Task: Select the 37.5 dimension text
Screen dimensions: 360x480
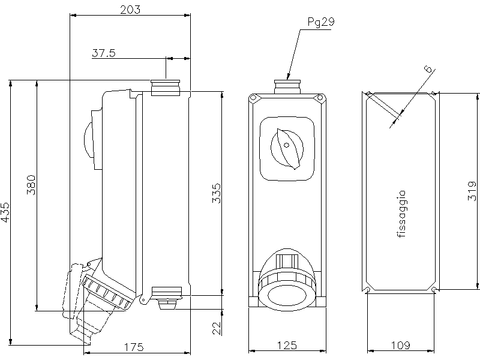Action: [x=104, y=53]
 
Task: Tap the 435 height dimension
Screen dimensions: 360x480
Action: [x=6, y=212]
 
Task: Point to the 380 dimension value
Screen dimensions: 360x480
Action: [x=32, y=185]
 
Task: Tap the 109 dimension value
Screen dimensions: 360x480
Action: [x=400, y=346]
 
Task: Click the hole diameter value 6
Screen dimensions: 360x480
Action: [x=428, y=70]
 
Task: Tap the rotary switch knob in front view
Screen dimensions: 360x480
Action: [x=287, y=146]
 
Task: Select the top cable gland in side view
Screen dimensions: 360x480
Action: [x=166, y=87]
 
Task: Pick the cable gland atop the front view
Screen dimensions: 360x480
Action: [x=287, y=87]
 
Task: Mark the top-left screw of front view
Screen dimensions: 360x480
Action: [x=254, y=98]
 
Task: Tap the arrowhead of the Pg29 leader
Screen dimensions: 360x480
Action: [x=289, y=79]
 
